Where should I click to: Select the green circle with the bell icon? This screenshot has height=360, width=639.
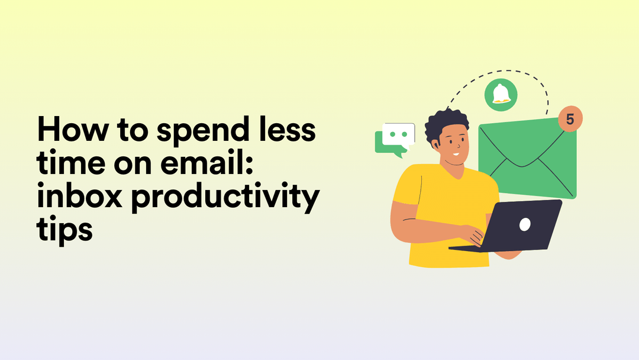501,94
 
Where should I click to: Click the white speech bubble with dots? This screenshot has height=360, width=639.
398,134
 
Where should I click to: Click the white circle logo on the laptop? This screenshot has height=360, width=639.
524,224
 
